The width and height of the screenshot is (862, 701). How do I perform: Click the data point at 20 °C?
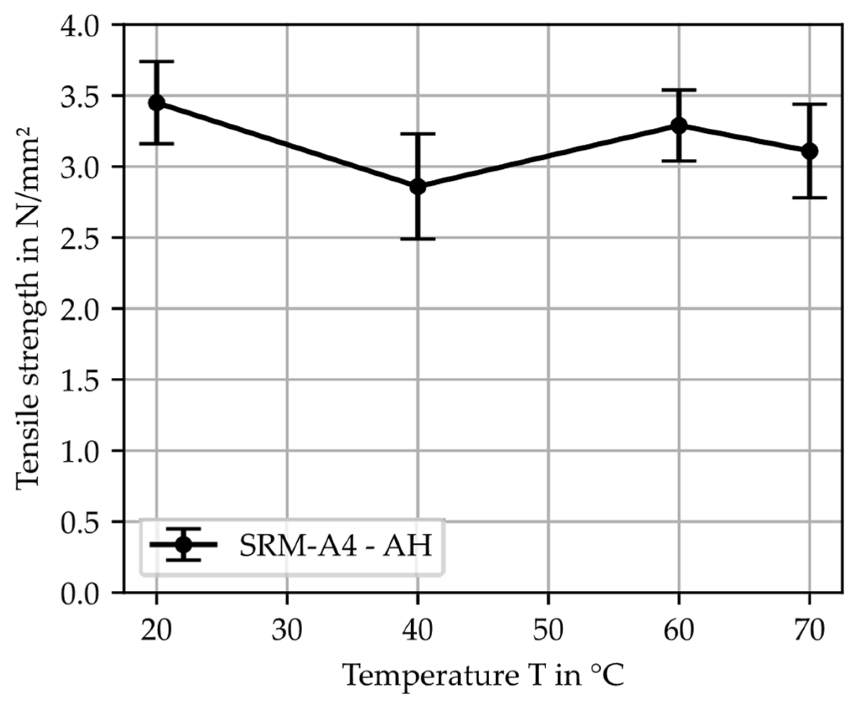pos(156,102)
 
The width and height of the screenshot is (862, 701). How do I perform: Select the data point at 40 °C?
pos(418,187)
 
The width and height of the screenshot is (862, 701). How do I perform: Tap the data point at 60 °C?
pos(679,125)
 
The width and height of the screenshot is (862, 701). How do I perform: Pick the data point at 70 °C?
pos(810,151)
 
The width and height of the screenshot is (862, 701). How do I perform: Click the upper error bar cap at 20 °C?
pos(156,62)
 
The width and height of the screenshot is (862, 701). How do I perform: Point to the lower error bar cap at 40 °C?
pos(418,239)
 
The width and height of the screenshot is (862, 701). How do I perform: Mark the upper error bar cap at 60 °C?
pos(679,90)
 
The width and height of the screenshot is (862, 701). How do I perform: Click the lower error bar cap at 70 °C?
pos(810,197)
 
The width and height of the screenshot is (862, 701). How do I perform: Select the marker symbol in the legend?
pos(183,545)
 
